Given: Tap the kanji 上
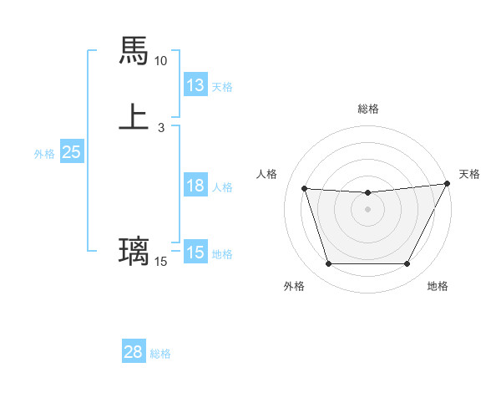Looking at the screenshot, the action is coord(134,116).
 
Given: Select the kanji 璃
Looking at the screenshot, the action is coord(134,251).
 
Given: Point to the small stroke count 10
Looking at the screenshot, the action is coord(160,61).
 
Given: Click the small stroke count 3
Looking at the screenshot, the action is coord(160,127).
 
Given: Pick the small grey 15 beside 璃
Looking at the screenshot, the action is coord(160,262).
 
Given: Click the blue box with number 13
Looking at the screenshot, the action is coord(195,85).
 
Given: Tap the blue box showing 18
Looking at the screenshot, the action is coord(195,186).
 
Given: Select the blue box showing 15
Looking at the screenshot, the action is coord(195,253).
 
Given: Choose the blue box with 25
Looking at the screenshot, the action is coord(71,152).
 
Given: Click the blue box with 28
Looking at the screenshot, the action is coord(134,352).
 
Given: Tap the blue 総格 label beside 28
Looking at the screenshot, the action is coord(160,354).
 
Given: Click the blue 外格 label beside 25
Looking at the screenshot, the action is coord(44,154).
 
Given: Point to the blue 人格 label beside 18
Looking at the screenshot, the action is coord(222,187).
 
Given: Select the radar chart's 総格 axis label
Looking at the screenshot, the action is coord(368,109).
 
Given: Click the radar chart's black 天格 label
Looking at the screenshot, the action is coord(469,174).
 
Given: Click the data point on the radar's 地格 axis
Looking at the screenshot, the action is coord(407,264).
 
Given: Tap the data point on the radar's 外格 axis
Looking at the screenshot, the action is coord(328,264).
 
